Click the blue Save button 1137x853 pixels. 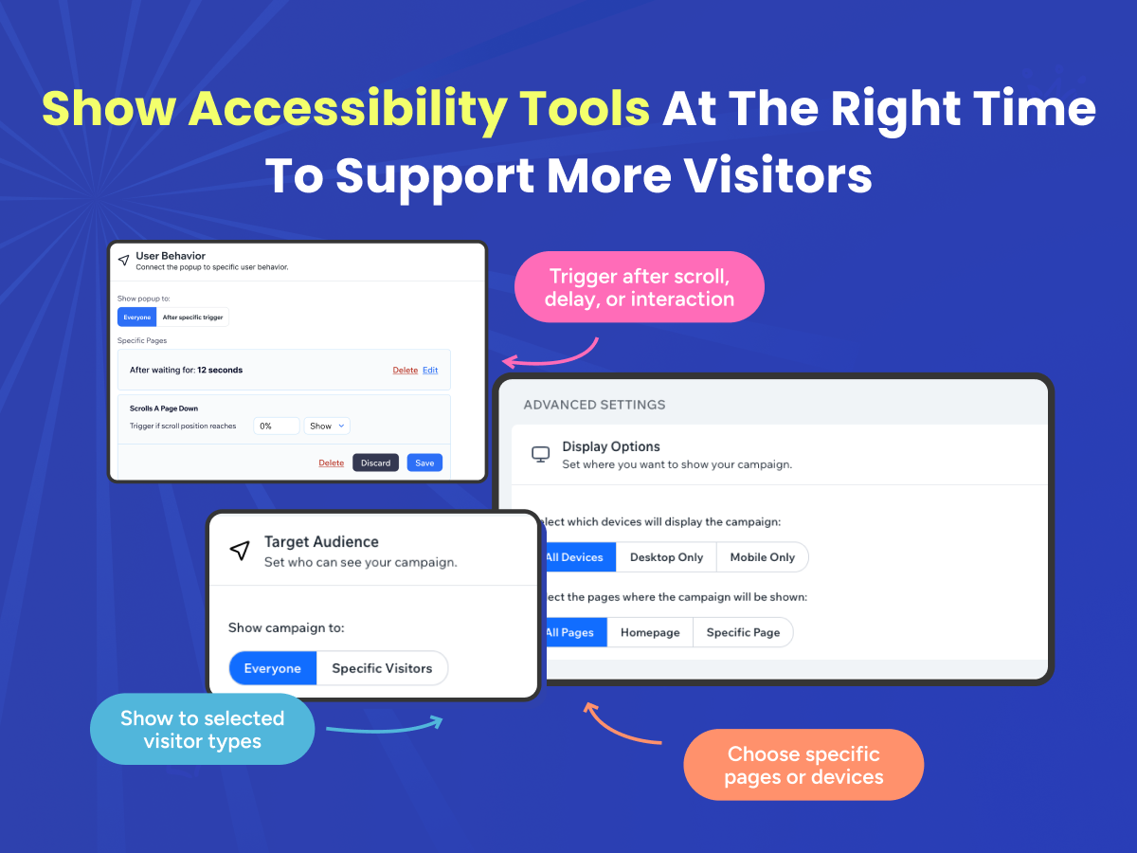coord(424,463)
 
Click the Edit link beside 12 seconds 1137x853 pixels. coord(430,370)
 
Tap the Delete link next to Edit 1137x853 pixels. coord(406,370)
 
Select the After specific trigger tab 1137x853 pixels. coord(192,317)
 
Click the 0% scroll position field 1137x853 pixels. coord(276,426)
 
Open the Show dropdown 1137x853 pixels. coord(327,426)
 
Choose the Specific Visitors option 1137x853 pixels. coord(382,668)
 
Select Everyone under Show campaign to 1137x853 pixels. coord(273,668)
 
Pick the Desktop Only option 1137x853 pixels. coord(666,557)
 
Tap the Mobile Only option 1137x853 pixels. coord(762,557)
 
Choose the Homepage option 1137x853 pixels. coord(650,632)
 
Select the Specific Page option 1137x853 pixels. coord(743,632)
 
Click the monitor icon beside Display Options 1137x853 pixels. coord(540,454)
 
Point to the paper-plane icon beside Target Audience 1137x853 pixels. coord(240,550)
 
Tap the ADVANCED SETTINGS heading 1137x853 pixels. coord(594,405)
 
